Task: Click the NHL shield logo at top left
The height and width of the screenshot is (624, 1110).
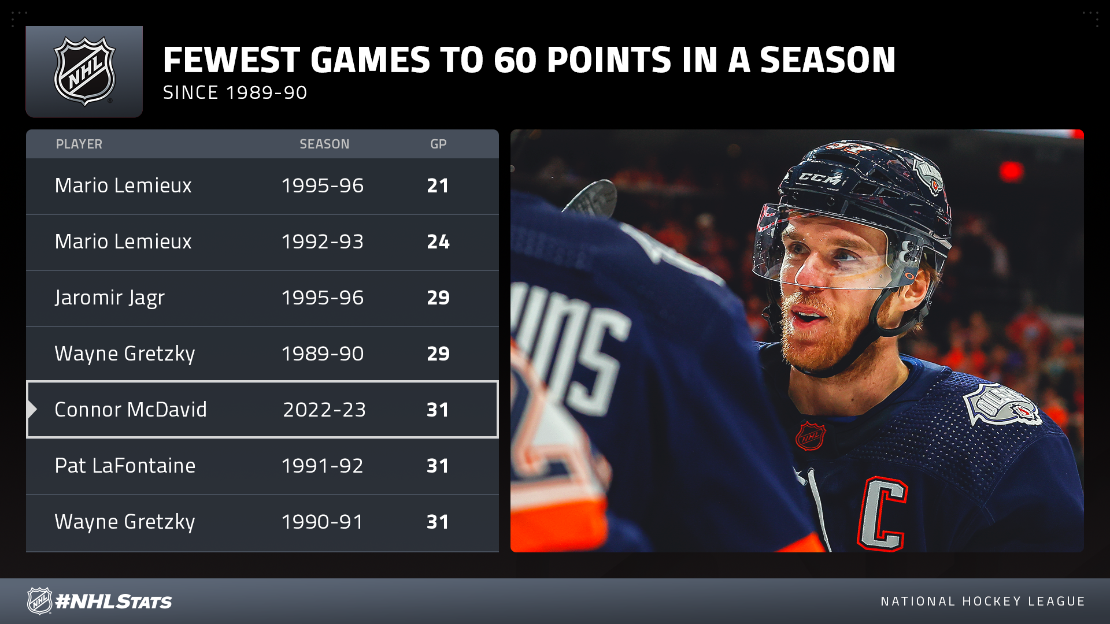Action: (x=84, y=71)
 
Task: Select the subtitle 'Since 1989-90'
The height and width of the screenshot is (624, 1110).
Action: (x=235, y=92)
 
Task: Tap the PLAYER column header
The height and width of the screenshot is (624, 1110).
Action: (x=79, y=144)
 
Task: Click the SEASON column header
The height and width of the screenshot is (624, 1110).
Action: (x=324, y=144)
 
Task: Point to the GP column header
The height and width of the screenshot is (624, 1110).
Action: (x=438, y=144)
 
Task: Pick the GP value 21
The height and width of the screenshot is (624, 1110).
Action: (x=438, y=185)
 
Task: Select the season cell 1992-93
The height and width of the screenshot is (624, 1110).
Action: (x=323, y=242)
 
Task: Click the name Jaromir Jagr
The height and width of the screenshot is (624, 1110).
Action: (x=110, y=298)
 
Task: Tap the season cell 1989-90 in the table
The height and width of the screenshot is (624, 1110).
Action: (x=323, y=354)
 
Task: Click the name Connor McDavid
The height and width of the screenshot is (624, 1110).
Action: (x=131, y=410)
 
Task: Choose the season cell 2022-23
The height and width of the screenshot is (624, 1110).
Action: (x=324, y=410)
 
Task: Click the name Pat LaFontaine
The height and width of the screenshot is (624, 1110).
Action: (x=125, y=466)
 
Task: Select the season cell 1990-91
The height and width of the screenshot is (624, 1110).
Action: (x=323, y=522)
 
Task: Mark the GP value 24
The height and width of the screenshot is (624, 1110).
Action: (x=438, y=242)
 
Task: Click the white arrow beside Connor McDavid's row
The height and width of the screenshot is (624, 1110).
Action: (x=32, y=410)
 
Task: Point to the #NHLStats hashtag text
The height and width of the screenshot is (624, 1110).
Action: (x=114, y=601)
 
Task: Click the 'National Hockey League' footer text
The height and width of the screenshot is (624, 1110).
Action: (x=983, y=601)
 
